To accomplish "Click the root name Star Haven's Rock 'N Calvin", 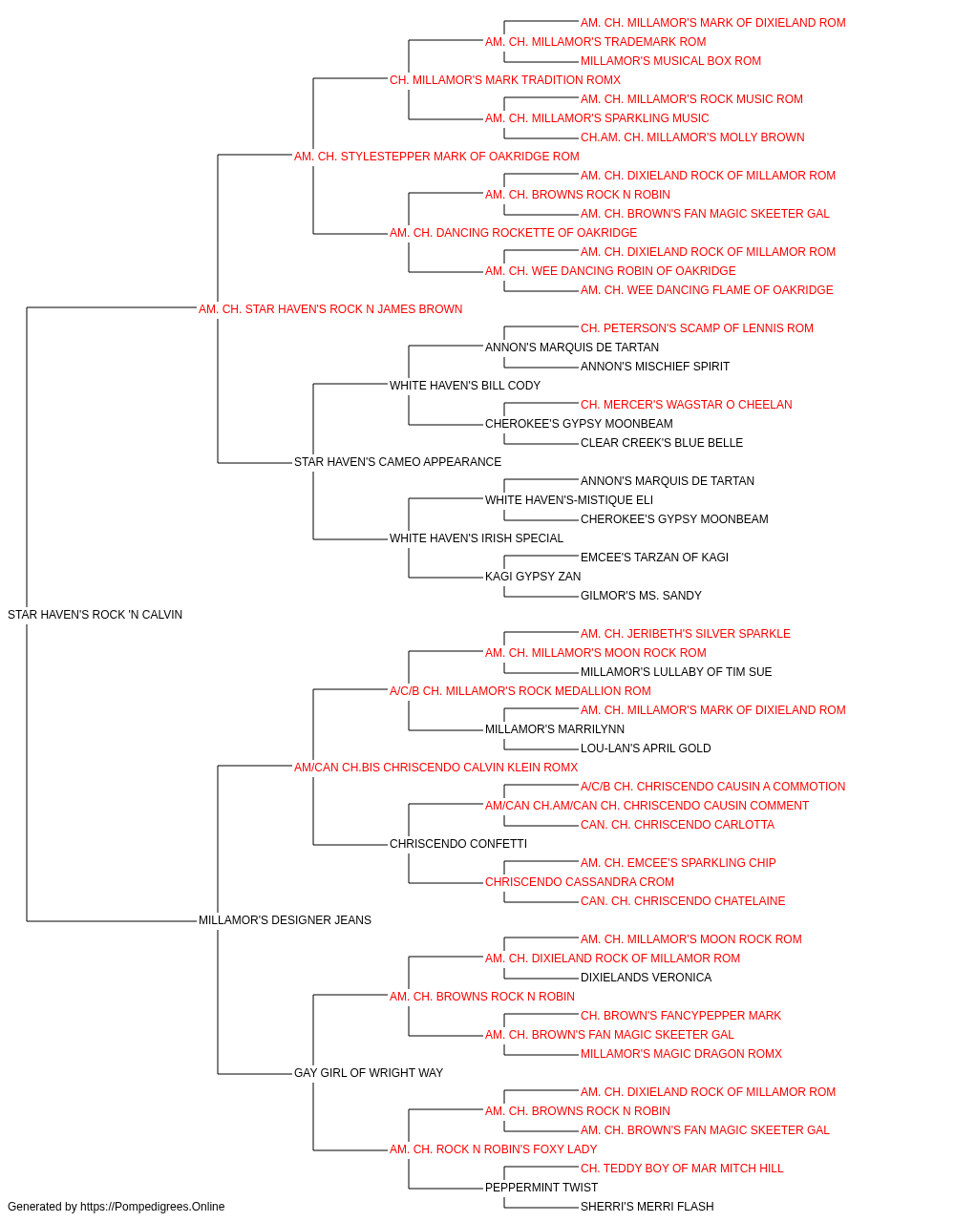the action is (95, 615).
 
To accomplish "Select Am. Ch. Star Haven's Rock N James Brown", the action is (330, 309).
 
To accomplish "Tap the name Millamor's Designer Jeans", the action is (285, 920).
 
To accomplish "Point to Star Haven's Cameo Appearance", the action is (397, 462).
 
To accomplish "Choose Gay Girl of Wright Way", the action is (369, 1073).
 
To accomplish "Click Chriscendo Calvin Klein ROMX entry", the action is (435, 768).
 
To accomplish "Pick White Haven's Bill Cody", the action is (465, 386).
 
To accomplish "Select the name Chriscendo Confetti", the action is (458, 844).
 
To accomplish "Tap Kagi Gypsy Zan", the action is (533, 577).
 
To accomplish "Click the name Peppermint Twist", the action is (541, 1187).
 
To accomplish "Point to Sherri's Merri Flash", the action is (647, 1207).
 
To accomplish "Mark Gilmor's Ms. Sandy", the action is (641, 596).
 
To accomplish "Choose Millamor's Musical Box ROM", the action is (671, 61).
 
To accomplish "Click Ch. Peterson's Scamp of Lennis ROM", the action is (697, 328).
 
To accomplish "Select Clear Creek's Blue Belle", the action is (662, 443).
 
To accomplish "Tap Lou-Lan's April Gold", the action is (646, 748).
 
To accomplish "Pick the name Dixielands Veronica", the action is (647, 978).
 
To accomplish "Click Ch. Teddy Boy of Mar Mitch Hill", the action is (682, 1168).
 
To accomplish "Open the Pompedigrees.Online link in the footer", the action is (152, 1207).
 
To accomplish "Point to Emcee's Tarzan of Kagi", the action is (655, 558).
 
